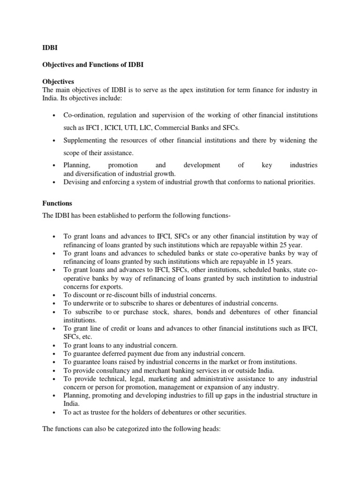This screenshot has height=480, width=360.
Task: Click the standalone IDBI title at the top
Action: click(45, 48)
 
